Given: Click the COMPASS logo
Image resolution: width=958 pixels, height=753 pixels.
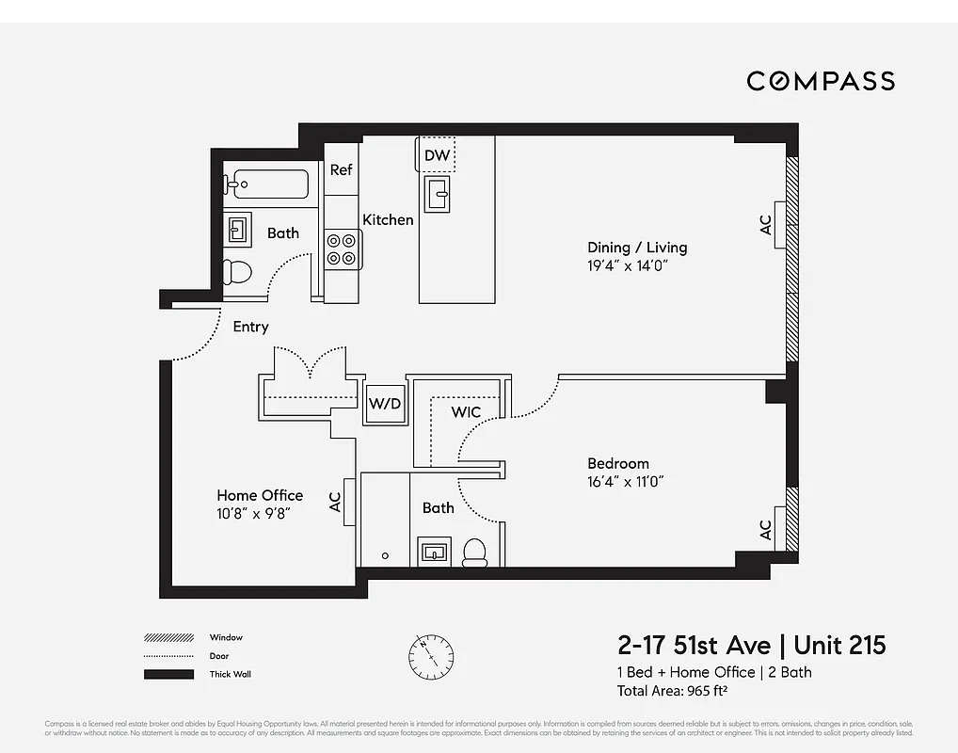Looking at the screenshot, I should tap(820, 81).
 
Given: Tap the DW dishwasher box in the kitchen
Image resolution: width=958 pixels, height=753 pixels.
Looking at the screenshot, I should tap(437, 155).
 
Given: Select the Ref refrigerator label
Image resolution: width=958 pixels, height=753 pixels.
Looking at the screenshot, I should tap(341, 170).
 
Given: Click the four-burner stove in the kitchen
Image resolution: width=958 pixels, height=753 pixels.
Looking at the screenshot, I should tap(343, 248).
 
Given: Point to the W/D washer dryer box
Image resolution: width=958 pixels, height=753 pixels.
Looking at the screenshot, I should tap(384, 405).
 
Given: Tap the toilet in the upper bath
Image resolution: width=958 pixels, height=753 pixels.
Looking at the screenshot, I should tap(239, 272).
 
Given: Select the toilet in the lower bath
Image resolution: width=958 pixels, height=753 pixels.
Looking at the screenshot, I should tap(475, 552).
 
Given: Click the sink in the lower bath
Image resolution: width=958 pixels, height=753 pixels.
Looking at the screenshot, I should tap(434, 552).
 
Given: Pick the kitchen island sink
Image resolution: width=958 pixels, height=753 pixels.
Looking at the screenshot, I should tap(438, 194).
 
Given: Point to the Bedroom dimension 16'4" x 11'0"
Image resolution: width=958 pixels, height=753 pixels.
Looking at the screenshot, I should tap(631, 482).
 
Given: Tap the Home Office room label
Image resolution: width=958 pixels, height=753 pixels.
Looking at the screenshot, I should tap(260, 495).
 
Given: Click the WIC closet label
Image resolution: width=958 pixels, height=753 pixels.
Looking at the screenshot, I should tap(465, 412).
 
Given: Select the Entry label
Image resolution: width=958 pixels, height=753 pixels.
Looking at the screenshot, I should tap(250, 327).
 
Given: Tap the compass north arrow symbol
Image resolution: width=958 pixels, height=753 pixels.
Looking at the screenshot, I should tap(431, 654).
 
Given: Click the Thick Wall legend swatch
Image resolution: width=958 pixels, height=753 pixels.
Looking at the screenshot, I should tap(168, 674).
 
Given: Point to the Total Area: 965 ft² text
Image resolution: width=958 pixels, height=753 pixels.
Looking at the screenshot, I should tap(672, 691).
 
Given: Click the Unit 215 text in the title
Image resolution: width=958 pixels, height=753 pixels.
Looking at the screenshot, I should tap(839, 646).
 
